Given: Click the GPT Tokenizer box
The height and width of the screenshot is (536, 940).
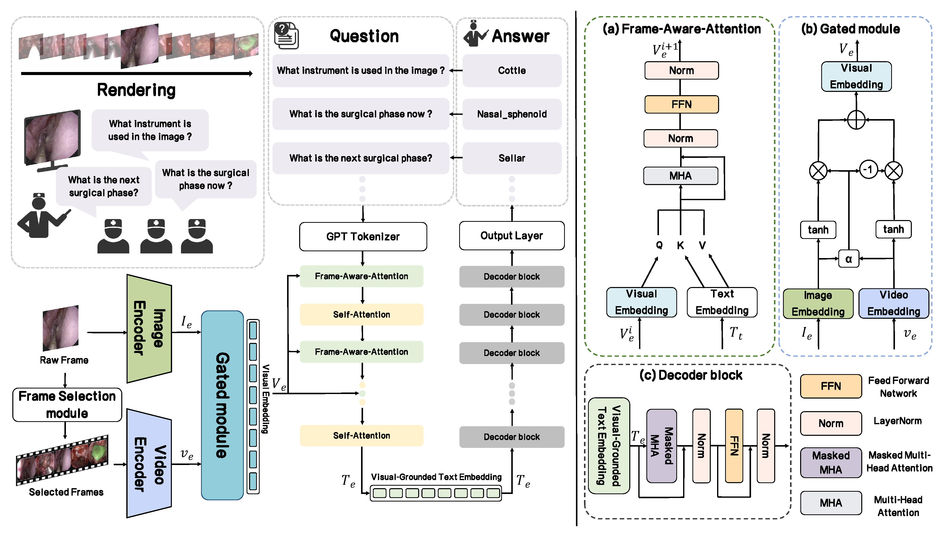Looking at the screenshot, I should (363, 236).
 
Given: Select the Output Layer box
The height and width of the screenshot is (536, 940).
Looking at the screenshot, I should (512, 236).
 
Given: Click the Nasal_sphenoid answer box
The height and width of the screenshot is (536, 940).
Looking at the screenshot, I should (512, 114).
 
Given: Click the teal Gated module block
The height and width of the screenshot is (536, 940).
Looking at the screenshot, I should (222, 405).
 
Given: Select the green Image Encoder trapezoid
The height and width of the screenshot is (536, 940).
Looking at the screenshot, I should (149, 329).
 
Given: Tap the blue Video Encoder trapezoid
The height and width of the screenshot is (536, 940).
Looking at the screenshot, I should (149, 464).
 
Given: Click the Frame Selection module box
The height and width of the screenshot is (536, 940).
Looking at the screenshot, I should (67, 405).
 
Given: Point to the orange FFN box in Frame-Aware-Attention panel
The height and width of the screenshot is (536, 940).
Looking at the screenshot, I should (681, 104).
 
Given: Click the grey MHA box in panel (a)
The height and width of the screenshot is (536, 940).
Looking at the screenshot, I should (680, 175).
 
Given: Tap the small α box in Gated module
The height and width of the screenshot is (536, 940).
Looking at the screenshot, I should (848, 259).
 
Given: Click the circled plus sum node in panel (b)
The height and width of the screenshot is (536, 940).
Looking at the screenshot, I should (856, 120).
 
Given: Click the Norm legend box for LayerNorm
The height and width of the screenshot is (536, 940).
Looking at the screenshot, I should (831, 423).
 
